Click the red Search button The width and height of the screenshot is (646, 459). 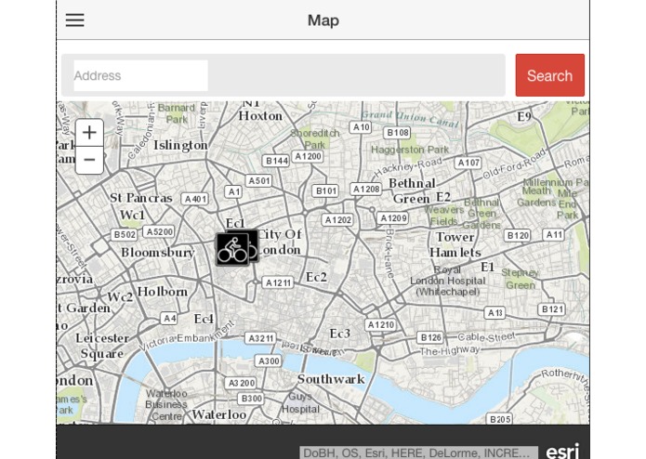click(549, 75)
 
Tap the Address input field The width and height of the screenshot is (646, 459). click(140, 75)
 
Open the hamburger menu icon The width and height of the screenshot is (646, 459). click(75, 20)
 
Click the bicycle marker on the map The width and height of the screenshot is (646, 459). click(236, 248)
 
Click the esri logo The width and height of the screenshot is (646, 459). click(562, 452)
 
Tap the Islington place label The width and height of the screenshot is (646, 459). click(180, 145)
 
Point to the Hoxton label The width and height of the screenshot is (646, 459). click(260, 116)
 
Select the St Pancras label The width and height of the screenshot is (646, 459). click(141, 198)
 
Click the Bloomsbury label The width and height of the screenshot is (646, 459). click(158, 253)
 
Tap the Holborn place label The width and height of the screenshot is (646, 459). click(163, 292)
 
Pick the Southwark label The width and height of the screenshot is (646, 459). click(331, 379)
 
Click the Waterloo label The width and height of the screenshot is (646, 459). click(218, 414)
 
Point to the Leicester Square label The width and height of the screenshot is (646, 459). click(102, 346)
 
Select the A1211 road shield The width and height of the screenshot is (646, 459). click(278, 282)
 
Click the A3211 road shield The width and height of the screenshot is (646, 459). click(261, 339)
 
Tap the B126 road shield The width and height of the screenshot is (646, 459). click(430, 338)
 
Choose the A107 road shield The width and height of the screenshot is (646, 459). click(468, 163)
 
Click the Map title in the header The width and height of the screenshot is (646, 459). click(323, 20)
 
